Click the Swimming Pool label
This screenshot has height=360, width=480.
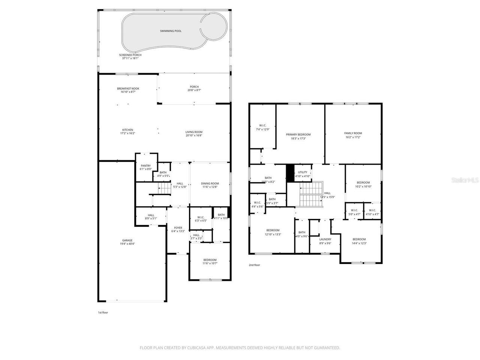(x=171, y=31)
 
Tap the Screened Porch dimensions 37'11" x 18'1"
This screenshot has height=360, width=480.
(x=130, y=58)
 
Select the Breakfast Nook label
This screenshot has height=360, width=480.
(x=128, y=88)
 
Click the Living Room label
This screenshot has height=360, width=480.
(x=194, y=132)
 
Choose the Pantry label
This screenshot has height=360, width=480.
(x=145, y=166)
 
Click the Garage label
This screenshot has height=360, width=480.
(x=127, y=240)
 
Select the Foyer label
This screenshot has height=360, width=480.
(x=178, y=228)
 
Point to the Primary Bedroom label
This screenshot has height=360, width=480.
(x=298, y=135)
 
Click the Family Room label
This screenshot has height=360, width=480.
(x=353, y=133)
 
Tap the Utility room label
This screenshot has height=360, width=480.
(x=302, y=172)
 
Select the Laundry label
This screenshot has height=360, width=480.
(x=325, y=239)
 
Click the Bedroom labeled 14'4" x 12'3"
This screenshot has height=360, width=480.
(x=359, y=239)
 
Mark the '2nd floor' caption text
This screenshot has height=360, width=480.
(x=254, y=265)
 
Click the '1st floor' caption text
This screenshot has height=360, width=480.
(x=103, y=312)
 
